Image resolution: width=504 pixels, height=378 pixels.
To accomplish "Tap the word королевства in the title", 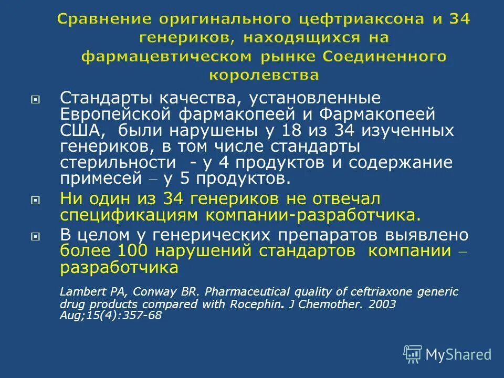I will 264,75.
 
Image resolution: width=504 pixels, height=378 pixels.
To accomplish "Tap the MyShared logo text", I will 458,355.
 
